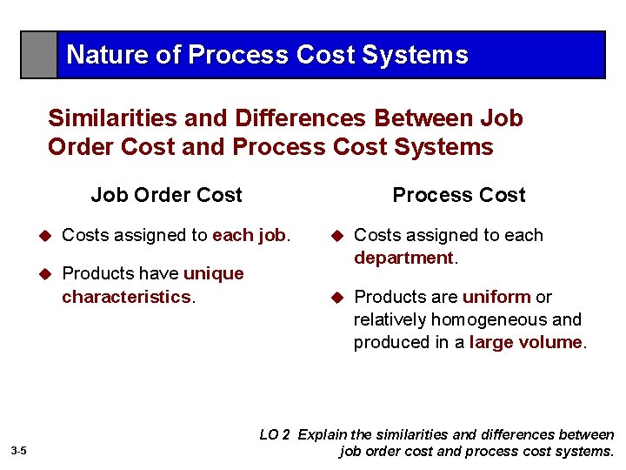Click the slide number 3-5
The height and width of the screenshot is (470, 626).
tap(19, 450)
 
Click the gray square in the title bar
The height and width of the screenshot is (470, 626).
tap(39, 55)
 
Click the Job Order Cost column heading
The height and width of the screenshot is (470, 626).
tap(166, 195)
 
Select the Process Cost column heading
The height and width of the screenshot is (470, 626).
tap(458, 195)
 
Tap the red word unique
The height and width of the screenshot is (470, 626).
tap(213, 273)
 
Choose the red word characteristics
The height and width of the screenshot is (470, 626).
tap(126, 297)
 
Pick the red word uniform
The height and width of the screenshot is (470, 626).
tap(496, 297)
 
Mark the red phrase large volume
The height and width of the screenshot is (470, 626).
tap(525, 342)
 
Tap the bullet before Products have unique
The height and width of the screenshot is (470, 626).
tap(47, 274)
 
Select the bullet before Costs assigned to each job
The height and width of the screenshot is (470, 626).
tap(47, 236)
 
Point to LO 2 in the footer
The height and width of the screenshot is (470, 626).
tap(275, 434)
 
